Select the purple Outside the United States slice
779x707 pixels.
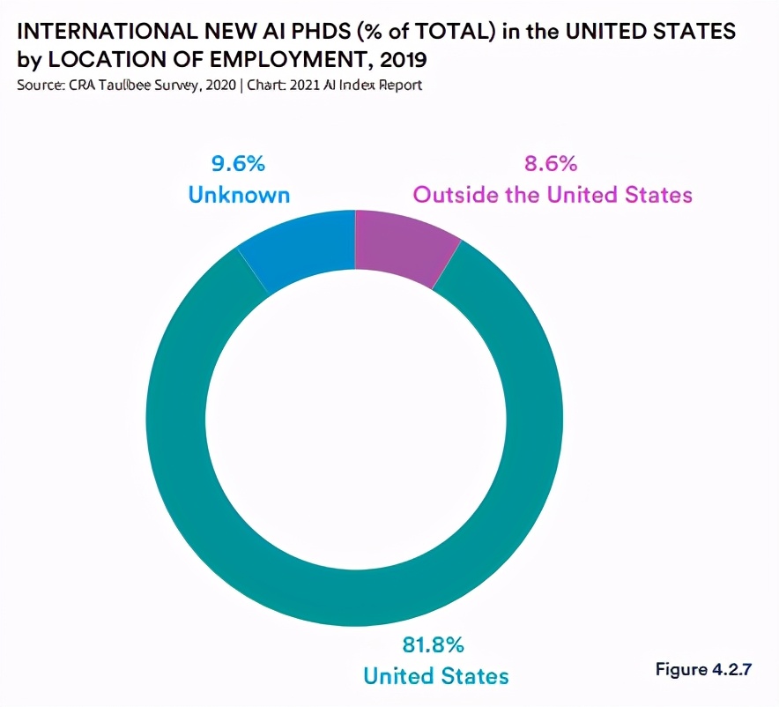401,247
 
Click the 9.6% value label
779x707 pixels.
238,163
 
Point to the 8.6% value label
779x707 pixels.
552,163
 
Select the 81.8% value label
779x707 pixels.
435,645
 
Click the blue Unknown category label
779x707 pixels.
238,194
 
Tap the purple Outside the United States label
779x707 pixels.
553,194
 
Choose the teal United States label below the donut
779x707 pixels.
435,676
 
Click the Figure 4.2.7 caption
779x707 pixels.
703,668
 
